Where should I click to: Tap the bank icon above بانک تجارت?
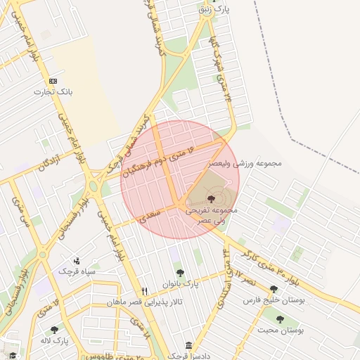54,81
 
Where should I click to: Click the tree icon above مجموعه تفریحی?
212,199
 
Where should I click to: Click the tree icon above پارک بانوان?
180,273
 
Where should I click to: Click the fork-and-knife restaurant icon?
145,291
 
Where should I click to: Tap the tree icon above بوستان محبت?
280,319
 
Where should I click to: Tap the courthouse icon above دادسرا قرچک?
188,346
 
